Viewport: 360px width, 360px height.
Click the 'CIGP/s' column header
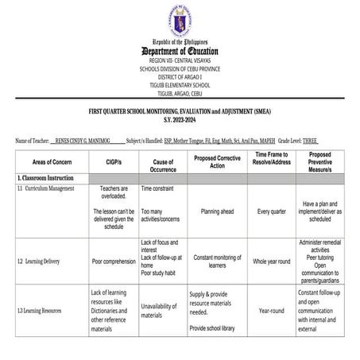click(x=113, y=161)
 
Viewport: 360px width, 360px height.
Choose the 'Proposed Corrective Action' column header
click(x=216, y=161)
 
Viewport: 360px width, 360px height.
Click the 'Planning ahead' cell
click(x=216, y=212)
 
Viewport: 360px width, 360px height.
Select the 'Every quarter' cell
click(x=271, y=212)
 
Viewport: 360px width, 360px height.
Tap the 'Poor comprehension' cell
click(x=113, y=261)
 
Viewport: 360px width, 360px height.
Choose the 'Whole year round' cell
click(x=271, y=261)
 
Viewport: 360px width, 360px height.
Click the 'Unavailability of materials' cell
click(x=162, y=310)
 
